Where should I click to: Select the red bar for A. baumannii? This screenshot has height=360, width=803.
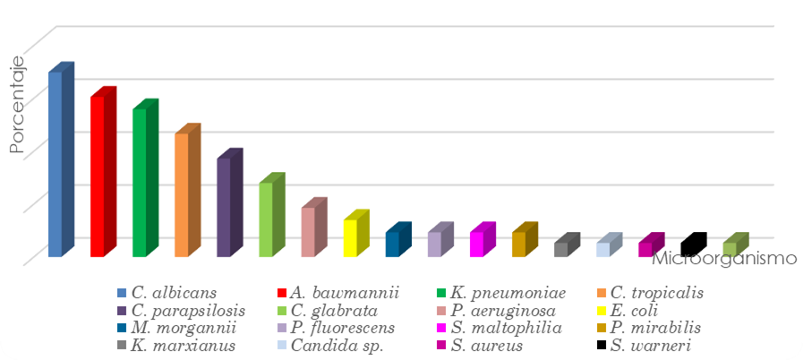[98, 176]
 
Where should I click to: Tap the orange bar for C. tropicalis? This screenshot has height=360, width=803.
[182, 194]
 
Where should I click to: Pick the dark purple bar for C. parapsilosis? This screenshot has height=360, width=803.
[224, 207]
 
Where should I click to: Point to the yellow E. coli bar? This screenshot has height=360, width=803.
[350, 237]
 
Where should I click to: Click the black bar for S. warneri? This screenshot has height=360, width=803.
[688, 246]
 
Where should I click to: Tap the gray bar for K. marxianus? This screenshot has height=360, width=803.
[561, 248]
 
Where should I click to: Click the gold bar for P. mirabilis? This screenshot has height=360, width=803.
[519, 244]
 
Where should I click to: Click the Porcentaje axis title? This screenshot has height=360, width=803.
[16, 107]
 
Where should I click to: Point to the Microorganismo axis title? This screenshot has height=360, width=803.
[723, 259]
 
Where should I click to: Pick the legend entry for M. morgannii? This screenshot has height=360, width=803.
[183, 328]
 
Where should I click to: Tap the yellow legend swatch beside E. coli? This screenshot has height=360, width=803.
[601, 311]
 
